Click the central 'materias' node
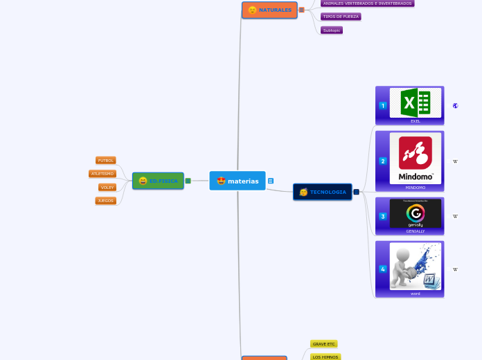(x=238, y=181)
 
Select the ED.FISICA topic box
(x=158, y=181)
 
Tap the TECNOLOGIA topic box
(x=323, y=192)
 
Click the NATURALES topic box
(x=269, y=10)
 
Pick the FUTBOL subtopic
(x=105, y=160)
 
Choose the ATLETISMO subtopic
(x=102, y=174)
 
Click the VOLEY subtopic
(x=107, y=187)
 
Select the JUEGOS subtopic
(x=105, y=201)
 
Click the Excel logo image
(x=416, y=103)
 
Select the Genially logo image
(x=416, y=214)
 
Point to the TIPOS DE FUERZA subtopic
(x=341, y=17)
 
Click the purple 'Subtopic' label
(x=332, y=30)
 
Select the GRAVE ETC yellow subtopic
(x=323, y=344)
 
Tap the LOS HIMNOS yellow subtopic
(x=325, y=357)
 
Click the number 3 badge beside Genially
(x=383, y=217)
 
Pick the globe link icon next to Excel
(x=455, y=106)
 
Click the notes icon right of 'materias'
(x=271, y=181)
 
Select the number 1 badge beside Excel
(x=383, y=105)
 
